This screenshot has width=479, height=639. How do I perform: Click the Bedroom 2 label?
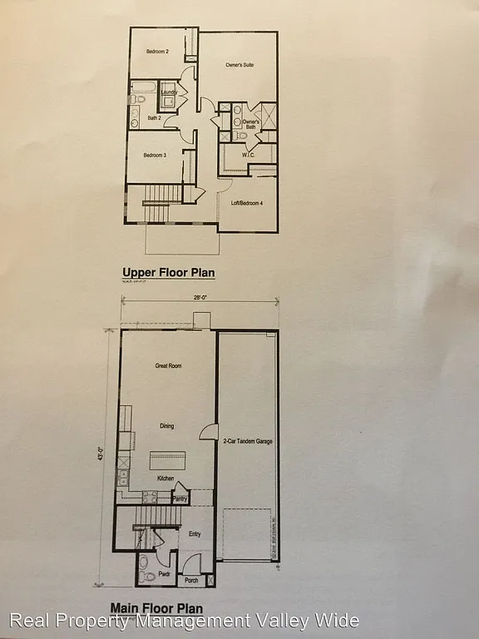coord(157,52)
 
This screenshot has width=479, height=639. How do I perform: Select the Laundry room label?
coord(169,92)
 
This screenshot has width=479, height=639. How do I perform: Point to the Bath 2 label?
coord(155,117)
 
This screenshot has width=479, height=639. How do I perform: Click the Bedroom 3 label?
coord(156,156)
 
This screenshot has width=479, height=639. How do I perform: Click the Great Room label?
coord(168,366)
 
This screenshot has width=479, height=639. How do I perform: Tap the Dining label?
coord(167,426)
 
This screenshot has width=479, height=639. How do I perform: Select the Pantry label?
coord(180,499)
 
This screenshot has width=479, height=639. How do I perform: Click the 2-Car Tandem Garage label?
coord(248,442)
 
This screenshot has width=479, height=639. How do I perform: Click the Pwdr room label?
coord(150,575)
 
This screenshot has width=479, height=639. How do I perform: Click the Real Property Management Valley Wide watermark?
coord(184,622)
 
